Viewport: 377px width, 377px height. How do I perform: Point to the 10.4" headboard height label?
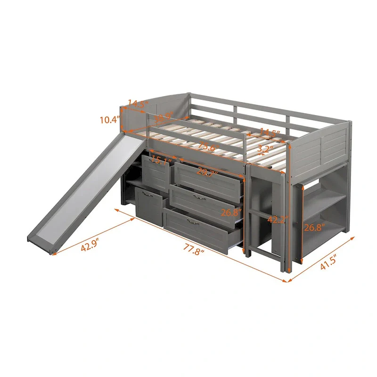[109, 120]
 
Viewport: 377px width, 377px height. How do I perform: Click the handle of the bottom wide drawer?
[192, 221]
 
